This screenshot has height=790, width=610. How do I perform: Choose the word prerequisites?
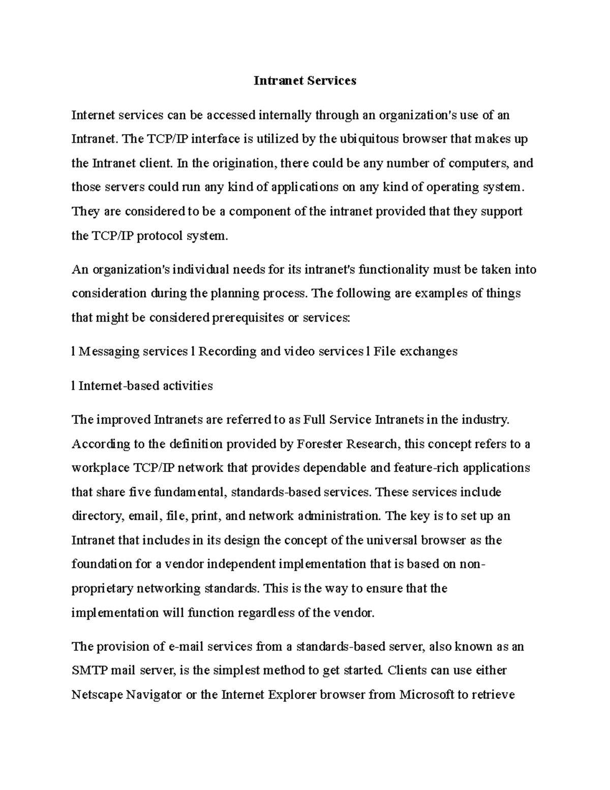248,318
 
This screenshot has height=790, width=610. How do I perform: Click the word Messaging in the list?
108,352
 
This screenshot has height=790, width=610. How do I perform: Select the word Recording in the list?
227,352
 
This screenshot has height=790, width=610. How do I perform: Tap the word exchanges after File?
429,352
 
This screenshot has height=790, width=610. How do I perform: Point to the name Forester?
320,444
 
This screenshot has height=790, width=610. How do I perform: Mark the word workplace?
101,468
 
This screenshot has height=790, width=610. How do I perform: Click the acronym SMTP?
89,670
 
